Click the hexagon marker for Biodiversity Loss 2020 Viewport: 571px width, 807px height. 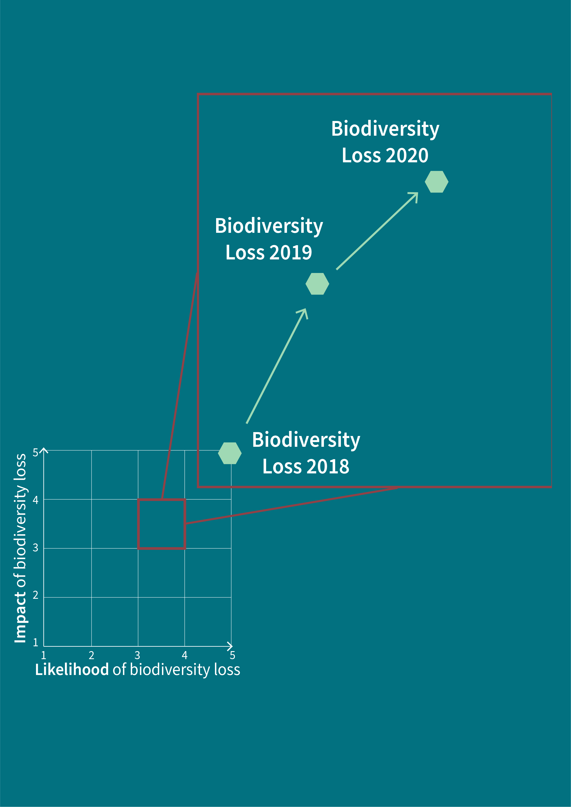[436, 182]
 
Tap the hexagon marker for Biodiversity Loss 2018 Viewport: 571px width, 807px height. [230, 453]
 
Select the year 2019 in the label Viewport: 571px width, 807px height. [290, 253]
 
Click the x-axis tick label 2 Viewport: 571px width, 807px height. [91, 655]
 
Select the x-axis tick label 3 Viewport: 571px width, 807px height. [137, 655]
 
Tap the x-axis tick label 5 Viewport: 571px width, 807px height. [232, 655]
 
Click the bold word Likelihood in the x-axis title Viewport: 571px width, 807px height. [72, 669]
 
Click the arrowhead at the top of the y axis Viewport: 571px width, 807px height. [44, 451]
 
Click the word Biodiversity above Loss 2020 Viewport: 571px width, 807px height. [385, 129]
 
